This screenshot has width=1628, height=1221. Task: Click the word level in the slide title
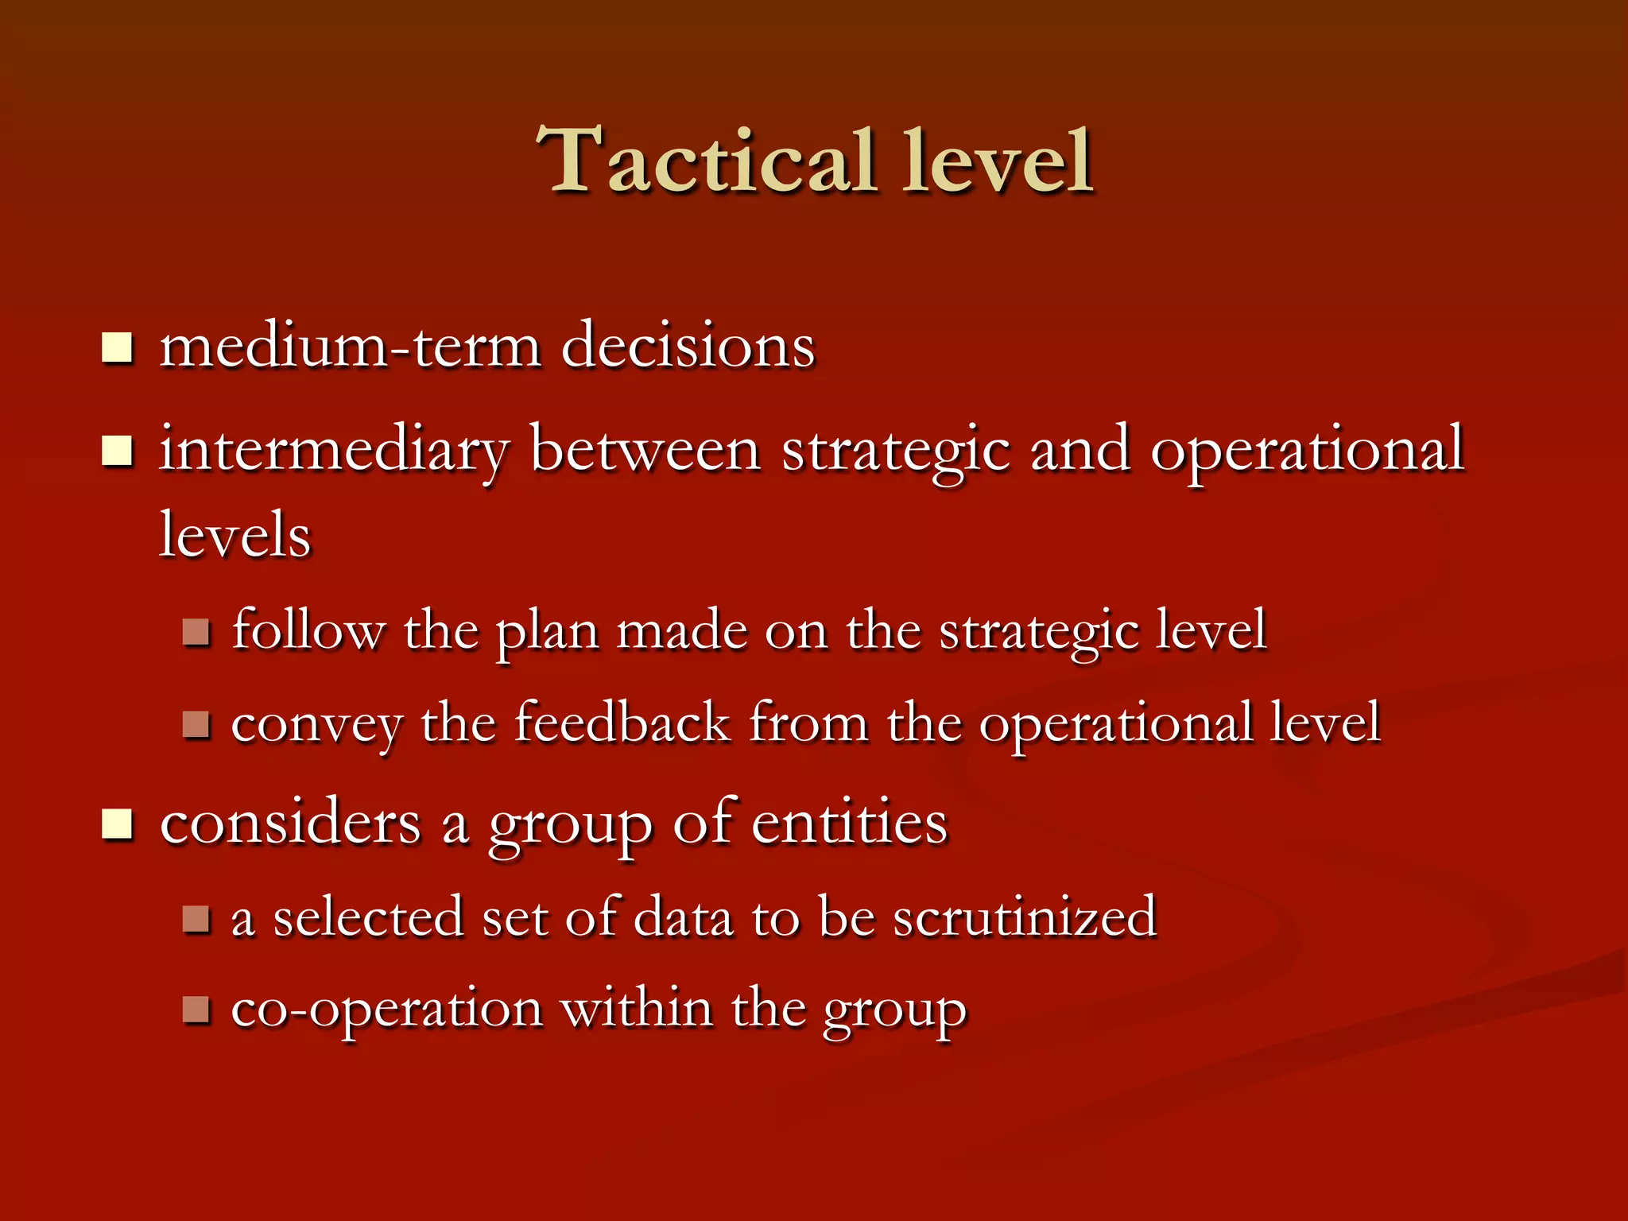998,161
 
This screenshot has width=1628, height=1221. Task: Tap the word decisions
688,347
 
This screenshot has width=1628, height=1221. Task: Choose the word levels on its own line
235,535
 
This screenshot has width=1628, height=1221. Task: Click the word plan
547,632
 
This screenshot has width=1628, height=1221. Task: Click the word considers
290,823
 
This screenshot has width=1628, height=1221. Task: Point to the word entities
849,823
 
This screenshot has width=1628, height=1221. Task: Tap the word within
636,1010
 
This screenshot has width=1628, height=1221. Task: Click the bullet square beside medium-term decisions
117,348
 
